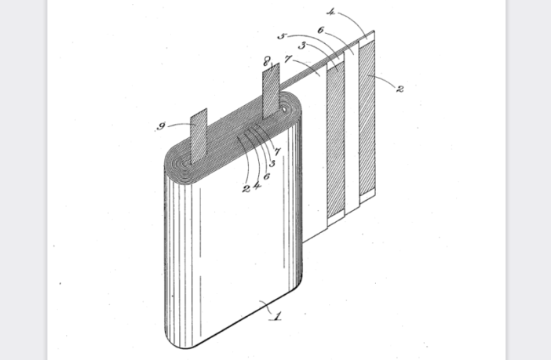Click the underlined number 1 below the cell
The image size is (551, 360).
click(x=277, y=315)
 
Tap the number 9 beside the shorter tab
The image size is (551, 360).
click(x=161, y=126)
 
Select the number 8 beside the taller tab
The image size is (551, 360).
click(x=267, y=63)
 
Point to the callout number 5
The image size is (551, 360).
click(x=282, y=36)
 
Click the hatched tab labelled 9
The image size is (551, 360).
click(x=199, y=136)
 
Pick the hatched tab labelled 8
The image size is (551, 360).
click(x=272, y=91)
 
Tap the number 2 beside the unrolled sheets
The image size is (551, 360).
click(x=400, y=89)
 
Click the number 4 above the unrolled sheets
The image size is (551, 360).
click(x=330, y=12)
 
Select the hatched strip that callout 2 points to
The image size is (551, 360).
click(x=367, y=117)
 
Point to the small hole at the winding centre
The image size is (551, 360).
click(x=284, y=110)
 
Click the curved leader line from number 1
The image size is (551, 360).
click(x=268, y=307)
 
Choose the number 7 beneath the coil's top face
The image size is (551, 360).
click(x=277, y=151)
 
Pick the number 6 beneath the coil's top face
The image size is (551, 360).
click(x=267, y=176)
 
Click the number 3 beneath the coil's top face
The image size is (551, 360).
click(x=272, y=164)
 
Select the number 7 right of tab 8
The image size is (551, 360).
click(x=288, y=59)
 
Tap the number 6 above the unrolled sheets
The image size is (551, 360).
click(x=320, y=31)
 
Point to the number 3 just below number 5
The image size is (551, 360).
click(x=302, y=45)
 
